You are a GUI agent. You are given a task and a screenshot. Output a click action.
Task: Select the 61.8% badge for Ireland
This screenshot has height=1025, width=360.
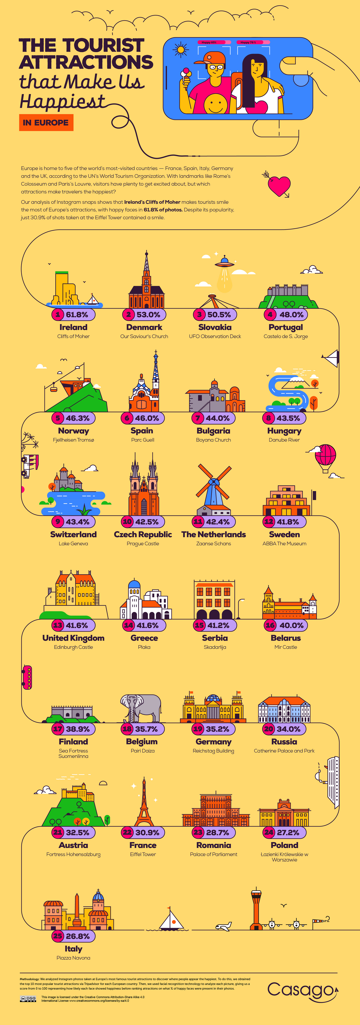[73, 314]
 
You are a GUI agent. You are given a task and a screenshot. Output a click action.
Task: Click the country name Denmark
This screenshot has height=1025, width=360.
[144, 327]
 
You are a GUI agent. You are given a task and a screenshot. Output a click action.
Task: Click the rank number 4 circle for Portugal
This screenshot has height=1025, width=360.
[270, 314]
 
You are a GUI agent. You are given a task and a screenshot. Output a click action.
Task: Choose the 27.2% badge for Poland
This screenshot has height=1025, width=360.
[284, 832]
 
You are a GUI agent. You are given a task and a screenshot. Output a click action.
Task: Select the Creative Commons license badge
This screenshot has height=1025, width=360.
[28, 999]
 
